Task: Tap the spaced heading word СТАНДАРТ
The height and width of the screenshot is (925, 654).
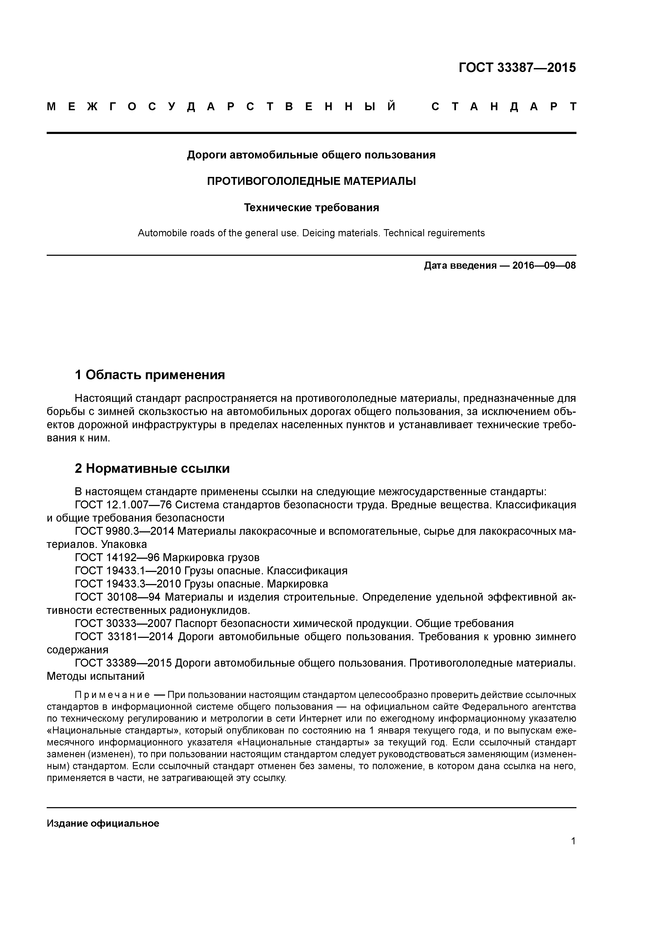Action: (504, 107)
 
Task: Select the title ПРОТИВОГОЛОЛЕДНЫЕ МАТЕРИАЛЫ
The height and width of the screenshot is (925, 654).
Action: (311, 181)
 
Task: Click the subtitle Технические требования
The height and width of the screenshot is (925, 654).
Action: (311, 208)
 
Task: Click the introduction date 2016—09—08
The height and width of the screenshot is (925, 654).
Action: (544, 266)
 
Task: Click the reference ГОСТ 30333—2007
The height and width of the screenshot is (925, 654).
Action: (123, 624)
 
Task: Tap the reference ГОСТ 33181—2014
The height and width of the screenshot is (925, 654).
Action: (124, 637)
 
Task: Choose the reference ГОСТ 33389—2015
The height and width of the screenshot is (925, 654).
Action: (123, 663)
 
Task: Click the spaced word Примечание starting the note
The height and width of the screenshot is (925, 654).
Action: (112, 695)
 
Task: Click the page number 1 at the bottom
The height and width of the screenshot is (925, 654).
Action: (573, 841)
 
